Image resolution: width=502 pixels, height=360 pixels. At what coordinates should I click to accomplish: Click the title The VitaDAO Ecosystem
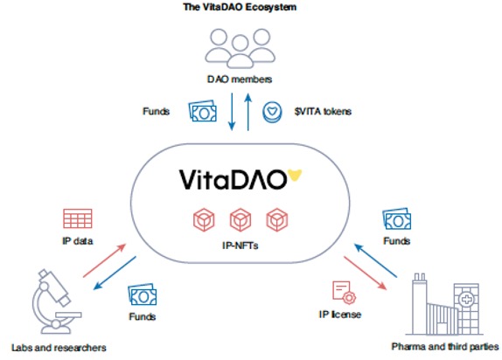(x=240, y=7)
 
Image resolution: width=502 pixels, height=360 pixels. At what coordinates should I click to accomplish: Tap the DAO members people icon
(x=240, y=48)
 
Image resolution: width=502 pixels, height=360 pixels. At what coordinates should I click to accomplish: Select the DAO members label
(x=240, y=79)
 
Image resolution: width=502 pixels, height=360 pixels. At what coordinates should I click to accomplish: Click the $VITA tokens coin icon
(x=272, y=112)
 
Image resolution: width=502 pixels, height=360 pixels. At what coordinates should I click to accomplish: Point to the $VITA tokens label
(x=323, y=111)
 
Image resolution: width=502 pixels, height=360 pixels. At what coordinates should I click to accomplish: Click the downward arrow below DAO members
(x=232, y=112)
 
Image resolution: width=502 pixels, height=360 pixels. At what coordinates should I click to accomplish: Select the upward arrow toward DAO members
(x=248, y=112)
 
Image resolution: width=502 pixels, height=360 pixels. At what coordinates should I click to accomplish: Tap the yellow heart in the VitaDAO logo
(x=295, y=175)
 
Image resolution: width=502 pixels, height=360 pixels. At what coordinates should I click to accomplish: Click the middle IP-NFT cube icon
(x=241, y=219)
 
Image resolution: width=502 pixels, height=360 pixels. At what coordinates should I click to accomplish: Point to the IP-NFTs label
(x=241, y=246)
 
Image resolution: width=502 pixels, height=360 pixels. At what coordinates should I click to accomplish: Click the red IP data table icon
(x=78, y=218)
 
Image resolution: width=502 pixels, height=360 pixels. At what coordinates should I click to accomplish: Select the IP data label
(x=78, y=240)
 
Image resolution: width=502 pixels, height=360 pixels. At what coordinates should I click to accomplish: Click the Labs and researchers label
(x=59, y=348)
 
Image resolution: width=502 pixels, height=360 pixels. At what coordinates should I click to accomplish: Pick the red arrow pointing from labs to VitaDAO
(x=105, y=260)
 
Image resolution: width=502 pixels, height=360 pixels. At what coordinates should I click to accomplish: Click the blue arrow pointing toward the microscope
(x=115, y=273)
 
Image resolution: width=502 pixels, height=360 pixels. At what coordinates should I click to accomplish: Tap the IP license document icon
(x=345, y=293)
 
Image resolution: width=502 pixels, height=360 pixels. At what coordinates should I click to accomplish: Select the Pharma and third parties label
(x=444, y=347)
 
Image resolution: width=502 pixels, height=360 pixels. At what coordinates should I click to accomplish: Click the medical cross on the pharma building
(x=467, y=300)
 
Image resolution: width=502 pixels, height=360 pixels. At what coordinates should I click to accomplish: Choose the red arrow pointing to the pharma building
(x=366, y=273)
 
